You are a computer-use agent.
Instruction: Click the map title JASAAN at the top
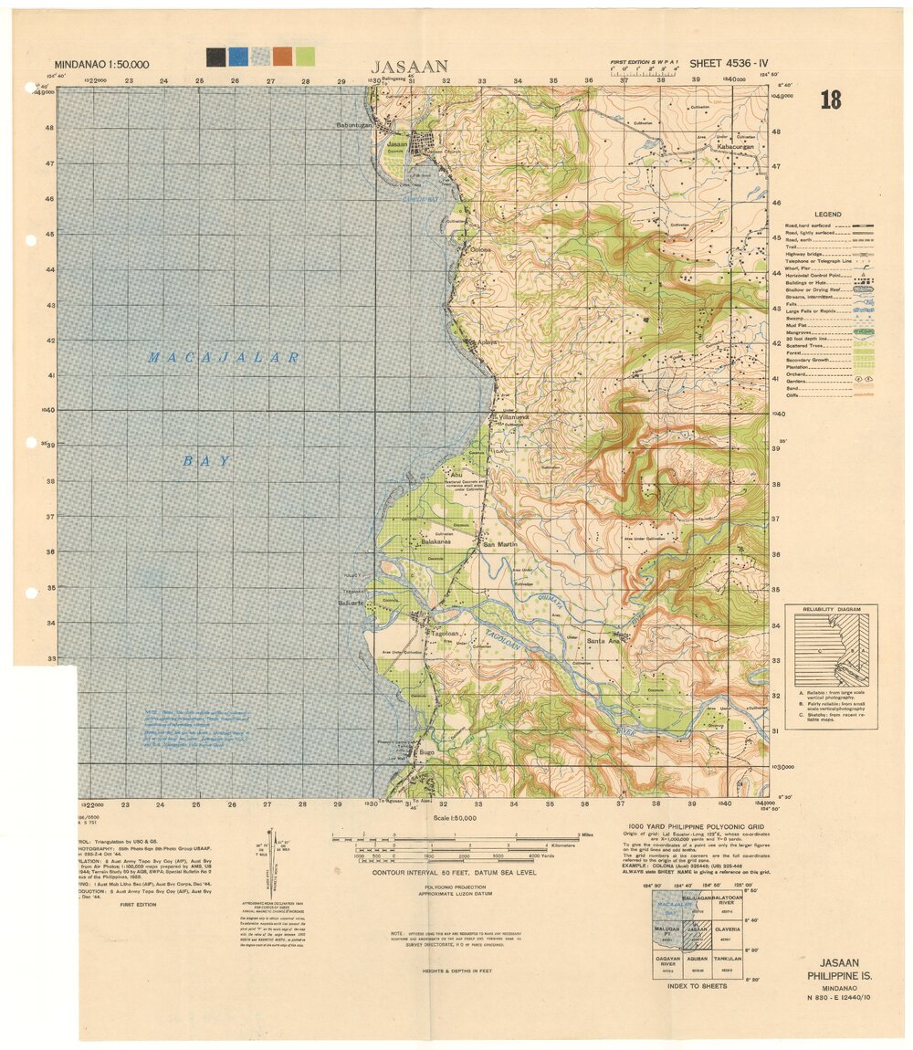coord(409,66)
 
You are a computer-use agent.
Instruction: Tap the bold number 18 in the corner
coord(830,100)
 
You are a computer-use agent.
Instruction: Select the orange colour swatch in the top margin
coord(282,57)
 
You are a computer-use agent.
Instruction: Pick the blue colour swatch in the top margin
coord(237,57)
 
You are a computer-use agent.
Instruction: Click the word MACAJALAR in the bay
coord(224,358)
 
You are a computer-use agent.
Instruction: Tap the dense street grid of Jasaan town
coord(423,143)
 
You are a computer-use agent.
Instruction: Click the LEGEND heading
coord(827,215)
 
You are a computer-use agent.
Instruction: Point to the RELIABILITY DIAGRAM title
coord(830,609)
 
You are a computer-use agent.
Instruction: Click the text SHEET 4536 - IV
coord(730,64)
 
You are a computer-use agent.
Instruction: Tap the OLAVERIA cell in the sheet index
coord(728,932)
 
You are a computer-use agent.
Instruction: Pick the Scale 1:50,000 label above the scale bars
coord(451,818)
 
